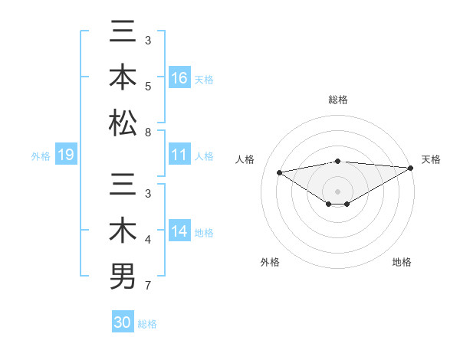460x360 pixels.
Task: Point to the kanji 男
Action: coord(123,277)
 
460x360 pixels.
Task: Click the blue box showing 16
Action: coord(179,78)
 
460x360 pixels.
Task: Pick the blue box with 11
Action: coord(179,155)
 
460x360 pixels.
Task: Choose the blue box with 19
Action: coord(65,155)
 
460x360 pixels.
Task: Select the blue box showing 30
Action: coord(123,322)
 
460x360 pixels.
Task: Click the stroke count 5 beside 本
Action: coord(148,86)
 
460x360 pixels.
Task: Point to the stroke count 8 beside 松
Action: coord(148,132)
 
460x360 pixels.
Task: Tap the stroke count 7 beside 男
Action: coord(148,286)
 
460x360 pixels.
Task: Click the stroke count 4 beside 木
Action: coord(148,240)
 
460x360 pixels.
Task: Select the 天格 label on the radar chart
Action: coord(431,159)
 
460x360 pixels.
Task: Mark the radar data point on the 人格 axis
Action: coord(279,172)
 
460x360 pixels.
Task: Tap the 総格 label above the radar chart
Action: coord(338,100)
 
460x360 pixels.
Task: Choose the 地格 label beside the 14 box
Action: coord(205,233)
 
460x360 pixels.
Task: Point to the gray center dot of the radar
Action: coord(338,191)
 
